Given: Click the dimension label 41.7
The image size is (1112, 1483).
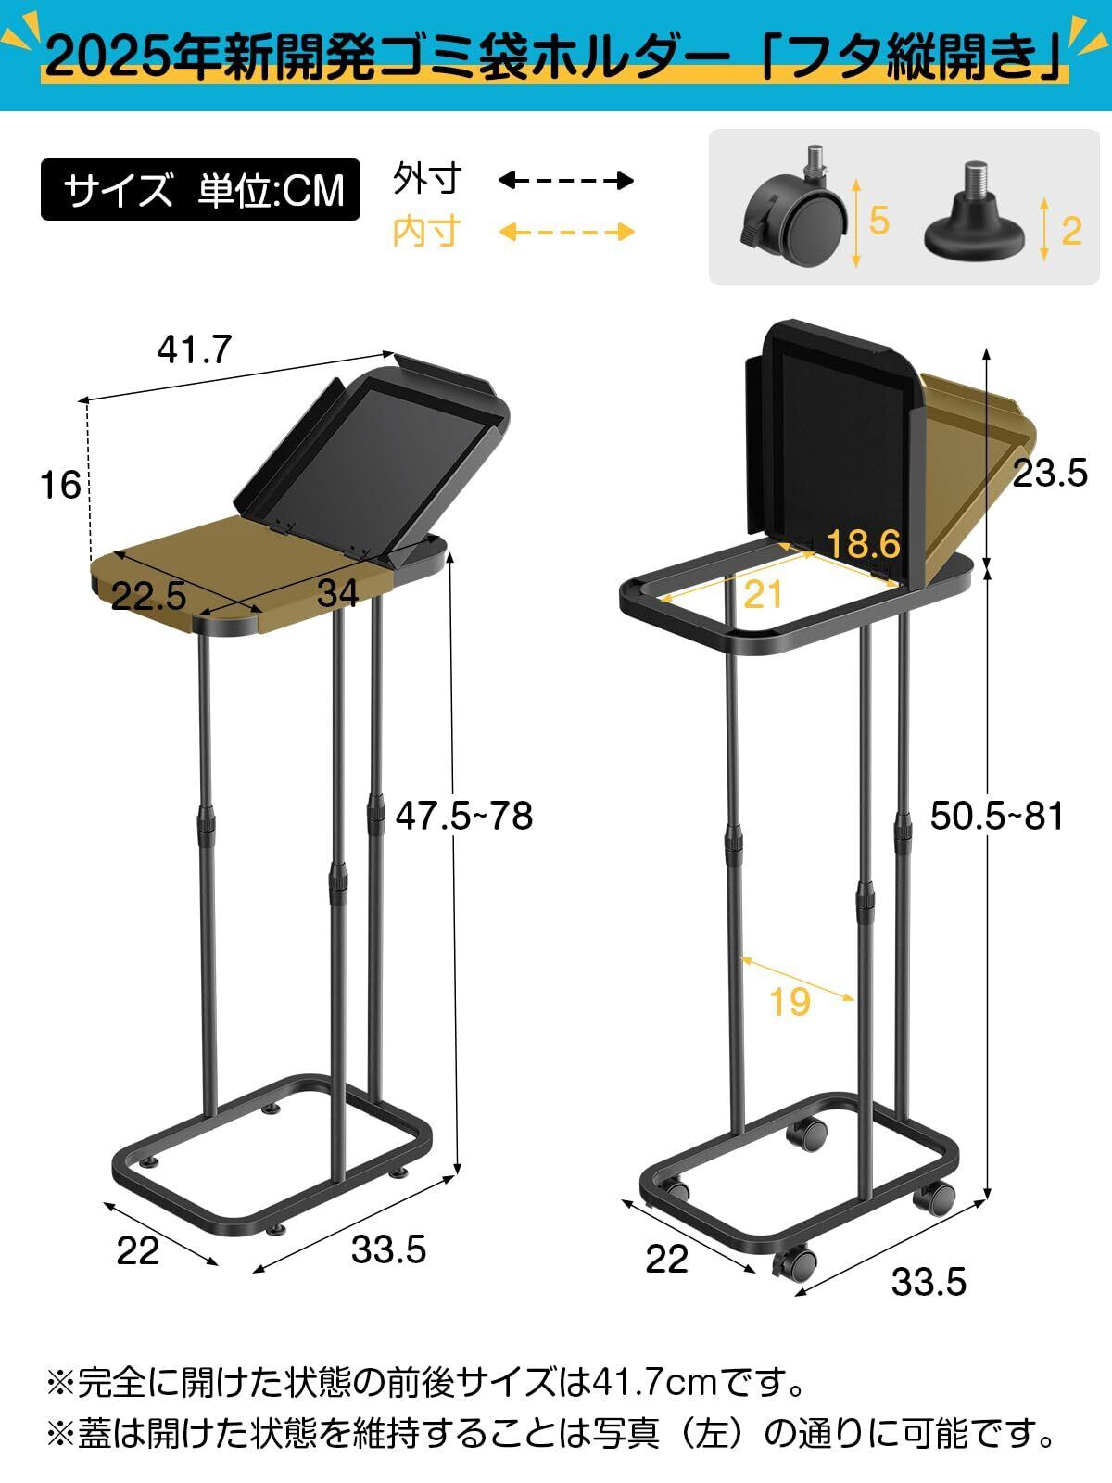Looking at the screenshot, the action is tap(195, 350).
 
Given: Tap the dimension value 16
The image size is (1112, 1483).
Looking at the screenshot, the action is tap(60, 485).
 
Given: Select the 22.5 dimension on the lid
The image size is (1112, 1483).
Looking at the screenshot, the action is tap(148, 596).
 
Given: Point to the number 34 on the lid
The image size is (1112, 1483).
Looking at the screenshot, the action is tap(337, 594).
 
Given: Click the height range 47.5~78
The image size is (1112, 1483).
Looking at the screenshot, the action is tap(464, 816).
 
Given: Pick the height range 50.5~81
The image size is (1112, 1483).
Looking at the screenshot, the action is tap(997, 816).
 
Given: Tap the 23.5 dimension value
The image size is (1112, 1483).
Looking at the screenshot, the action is tap(1050, 473).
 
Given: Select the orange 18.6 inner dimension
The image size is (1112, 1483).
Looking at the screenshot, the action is tap(864, 543).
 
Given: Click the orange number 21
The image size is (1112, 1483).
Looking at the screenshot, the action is tap(763, 594).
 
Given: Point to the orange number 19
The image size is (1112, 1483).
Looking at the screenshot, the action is tap(790, 1001).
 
